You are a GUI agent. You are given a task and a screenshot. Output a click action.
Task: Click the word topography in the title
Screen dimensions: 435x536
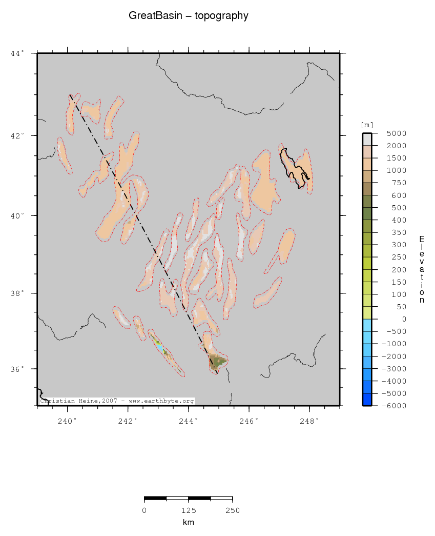(221, 16)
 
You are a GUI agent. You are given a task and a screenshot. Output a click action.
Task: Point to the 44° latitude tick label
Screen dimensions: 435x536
(17, 53)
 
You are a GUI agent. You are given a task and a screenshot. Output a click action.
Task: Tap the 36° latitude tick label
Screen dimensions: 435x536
(17, 369)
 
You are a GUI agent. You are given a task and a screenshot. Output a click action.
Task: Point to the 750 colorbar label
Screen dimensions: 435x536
(386, 183)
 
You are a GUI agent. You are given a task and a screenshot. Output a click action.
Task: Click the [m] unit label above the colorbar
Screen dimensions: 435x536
(367, 125)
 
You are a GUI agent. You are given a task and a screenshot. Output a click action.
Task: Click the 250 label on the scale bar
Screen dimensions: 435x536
(233, 510)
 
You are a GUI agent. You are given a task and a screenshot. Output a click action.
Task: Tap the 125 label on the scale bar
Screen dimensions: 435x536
(189, 510)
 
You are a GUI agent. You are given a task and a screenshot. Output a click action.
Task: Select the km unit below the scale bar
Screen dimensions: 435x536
(189, 523)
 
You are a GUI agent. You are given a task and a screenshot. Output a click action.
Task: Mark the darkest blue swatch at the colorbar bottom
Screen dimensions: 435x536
(367, 400)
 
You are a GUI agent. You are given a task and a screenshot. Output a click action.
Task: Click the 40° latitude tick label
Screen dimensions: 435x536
(17, 215)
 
